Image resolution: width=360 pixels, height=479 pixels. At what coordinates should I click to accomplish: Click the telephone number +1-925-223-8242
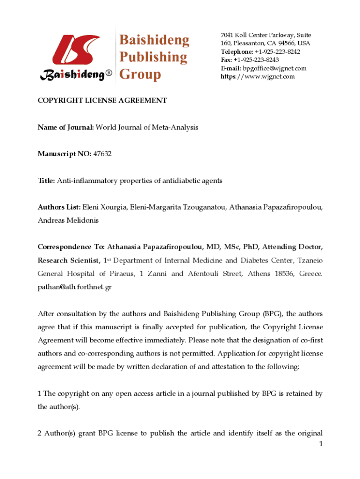[x=277, y=51]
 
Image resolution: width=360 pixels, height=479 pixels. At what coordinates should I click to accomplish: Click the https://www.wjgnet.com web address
[x=258, y=76]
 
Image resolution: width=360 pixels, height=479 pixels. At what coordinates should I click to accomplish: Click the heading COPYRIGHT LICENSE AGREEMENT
[x=102, y=100]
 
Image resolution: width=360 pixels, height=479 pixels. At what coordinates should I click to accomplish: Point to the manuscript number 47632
[x=102, y=153]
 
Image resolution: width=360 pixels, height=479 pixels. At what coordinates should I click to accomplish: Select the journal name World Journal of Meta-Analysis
[x=147, y=127]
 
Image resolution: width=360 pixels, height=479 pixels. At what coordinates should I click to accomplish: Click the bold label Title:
[x=46, y=180]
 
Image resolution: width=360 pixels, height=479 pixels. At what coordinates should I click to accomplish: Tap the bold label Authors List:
[x=59, y=207]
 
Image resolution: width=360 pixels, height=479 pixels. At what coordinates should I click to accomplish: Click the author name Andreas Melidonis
[x=68, y=220]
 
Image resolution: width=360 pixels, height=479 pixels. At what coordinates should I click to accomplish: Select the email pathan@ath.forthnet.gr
[x=74, y=287]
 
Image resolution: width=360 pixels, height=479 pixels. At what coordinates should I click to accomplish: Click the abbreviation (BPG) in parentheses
[x=272, y=313]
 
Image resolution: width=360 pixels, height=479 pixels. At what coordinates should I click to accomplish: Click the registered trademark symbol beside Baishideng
[x=109, y=74]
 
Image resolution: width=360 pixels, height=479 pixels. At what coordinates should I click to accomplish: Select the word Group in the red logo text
[x=140, y=74]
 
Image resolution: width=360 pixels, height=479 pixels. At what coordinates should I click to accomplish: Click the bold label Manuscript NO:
[x=65, y=153]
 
